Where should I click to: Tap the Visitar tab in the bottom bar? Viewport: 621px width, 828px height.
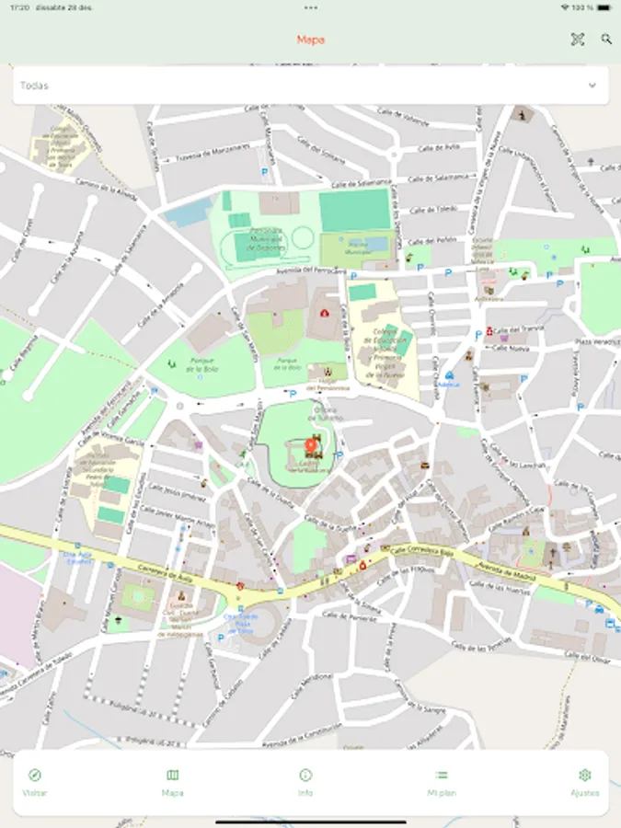35,782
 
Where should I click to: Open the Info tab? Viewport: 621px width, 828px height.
305,782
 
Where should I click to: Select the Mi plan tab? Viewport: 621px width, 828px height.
442,782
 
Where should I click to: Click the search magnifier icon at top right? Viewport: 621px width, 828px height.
606,40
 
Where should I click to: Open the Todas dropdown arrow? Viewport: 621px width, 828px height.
592,86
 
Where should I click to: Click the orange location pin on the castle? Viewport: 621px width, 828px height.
311,447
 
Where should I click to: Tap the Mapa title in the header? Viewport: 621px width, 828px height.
310,40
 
